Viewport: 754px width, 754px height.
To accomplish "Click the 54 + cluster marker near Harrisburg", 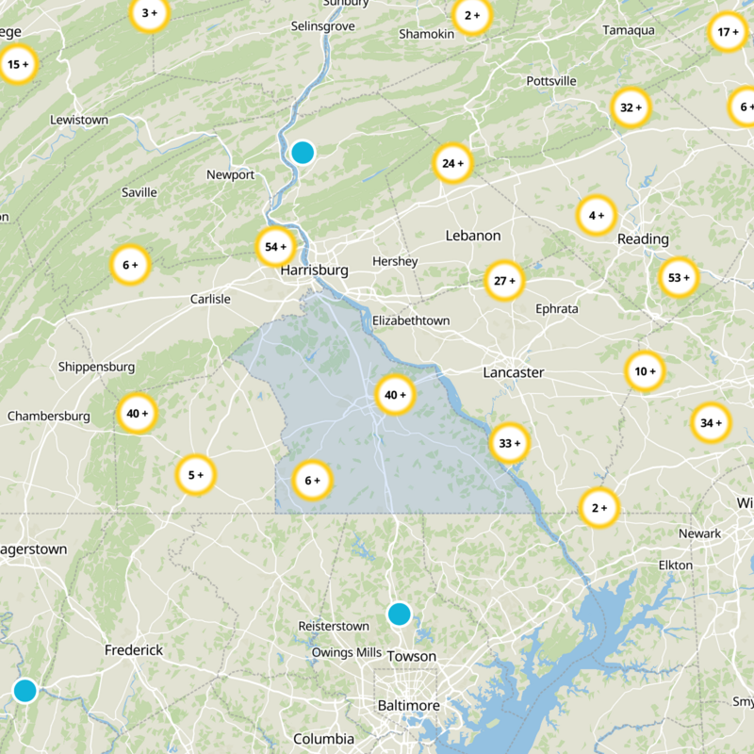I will pos(276,247).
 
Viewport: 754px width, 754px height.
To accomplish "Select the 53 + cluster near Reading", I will pos(679,278).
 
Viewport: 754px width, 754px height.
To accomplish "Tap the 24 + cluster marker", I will pos(452,164).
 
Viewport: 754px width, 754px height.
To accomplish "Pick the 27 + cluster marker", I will pos(504,281).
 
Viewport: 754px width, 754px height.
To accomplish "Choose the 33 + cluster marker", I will pos(510,443).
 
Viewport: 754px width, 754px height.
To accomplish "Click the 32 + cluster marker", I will pos(631,108).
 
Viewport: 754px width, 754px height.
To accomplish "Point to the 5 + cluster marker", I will pos(196,475).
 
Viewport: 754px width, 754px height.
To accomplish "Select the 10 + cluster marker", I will pos(646,371).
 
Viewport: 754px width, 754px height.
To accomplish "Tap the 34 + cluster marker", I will pos(711,423).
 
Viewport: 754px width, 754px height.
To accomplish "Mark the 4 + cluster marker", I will pos(597,216).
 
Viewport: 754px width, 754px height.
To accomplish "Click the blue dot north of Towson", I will pos(400,615).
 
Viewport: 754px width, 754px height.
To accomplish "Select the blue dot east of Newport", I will pos(303,152).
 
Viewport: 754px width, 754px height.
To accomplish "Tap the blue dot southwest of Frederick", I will pos(25,691).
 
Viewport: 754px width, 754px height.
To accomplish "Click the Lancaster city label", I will pos(514,372).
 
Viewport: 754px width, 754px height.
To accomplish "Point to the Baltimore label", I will pos(409,706).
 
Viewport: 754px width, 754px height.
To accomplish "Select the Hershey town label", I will pos(395,261).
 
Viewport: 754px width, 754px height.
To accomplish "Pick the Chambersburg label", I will pos(49,416).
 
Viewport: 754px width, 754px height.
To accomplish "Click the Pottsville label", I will pos(551,81).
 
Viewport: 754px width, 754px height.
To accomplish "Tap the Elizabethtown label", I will pos(411,320).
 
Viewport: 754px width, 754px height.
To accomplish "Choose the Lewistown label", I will pos(79,120).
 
